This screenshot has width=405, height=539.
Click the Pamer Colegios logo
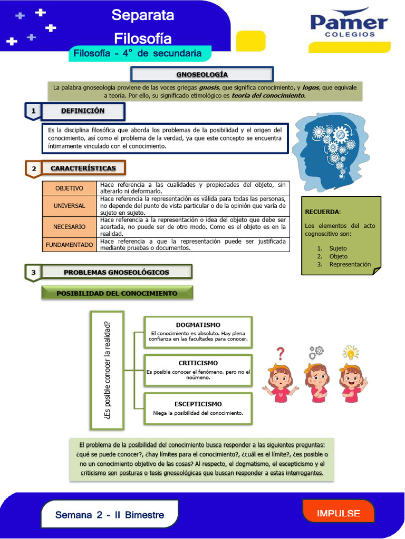pyautogui.click(x=349, y=25)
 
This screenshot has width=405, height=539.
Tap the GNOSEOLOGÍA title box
pyautogui.click(x=202, y=74)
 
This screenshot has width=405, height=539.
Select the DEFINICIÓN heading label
pyautogui.click(x=83, y=111)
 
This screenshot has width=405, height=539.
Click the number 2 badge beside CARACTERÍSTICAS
pyautogui.click(x=33, y=168)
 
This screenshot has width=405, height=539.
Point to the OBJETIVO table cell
pyautogui.click(x=70, y=188)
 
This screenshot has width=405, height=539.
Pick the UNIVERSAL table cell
pyautogui.click(x=70, y=206)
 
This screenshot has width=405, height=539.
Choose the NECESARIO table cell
pyautogui.click(x=70, y=227)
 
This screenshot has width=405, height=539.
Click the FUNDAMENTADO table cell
pyautogui.click(x=70, y=245)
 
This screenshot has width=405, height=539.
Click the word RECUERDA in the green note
pyautogui.click(x=322, y=212)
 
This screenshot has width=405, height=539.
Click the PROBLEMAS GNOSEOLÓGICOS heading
pyautogui.click(x=117, y=272)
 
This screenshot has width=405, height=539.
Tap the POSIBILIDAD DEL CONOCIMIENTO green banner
pyautogui.click(x=117, y=293)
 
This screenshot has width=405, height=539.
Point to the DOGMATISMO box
pyautogui.click(x=198, y=332)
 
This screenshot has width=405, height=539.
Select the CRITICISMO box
pyautogui.click(x=198, y=370)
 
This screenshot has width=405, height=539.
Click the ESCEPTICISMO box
pyautogui.click(x=198, y=408)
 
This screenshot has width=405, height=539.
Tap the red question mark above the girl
pyautogui.click(x=281, y=353)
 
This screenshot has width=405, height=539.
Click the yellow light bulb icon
pyautogui.click(x=350, y=352)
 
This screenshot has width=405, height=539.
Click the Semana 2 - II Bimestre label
pyautogui.click(x=110, y=515)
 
